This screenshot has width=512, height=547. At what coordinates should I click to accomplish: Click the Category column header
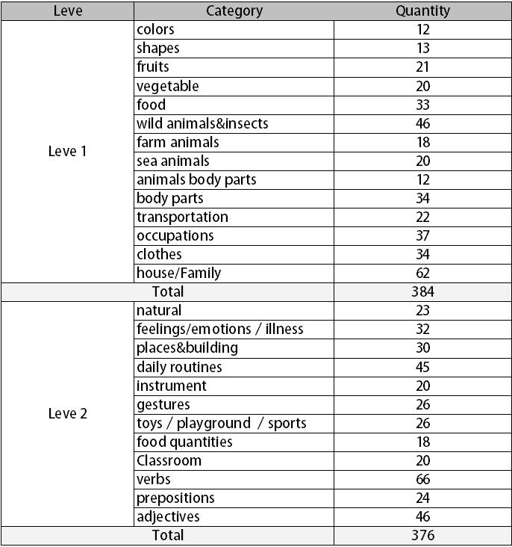click(234, 10)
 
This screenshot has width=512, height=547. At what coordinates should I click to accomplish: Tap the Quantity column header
click(422, 10)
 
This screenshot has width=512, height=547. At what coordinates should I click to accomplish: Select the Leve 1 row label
click(67, 151)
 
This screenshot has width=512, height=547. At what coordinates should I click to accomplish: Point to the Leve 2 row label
click(67, 413)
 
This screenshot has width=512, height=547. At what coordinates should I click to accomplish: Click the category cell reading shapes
click(158, 49)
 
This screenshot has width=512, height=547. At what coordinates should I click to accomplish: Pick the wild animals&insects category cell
click(202, 123)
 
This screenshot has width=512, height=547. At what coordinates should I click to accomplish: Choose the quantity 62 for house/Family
click(422, 273)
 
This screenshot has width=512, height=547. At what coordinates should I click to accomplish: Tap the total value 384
click(422, 291)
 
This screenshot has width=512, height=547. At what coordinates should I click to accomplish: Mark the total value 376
click(422, 535)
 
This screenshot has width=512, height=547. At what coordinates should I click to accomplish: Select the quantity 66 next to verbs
click(422, 479)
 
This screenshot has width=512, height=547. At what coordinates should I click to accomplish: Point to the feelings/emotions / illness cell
click(219, 329)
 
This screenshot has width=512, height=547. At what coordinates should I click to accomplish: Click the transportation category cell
click(182, 217)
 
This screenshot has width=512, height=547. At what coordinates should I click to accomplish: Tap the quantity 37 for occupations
click(422, 235)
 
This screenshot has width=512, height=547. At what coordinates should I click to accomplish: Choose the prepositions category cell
click(175, 498)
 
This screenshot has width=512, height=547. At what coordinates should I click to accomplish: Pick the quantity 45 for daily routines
click(422, 367)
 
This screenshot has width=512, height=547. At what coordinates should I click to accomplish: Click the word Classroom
click(169, 460)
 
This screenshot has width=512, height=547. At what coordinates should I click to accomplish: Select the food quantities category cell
click(184, 442)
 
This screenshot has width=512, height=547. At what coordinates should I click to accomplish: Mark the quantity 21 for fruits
click(422, 67)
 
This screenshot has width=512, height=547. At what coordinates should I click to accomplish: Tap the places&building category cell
click(187, 347)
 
